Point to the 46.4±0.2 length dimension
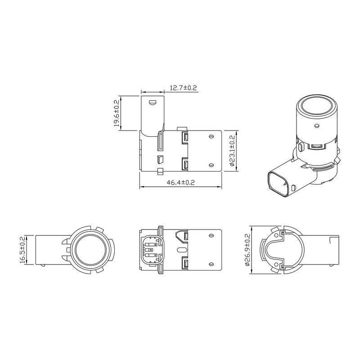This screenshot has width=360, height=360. point(180,182)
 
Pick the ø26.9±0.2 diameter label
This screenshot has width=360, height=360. point(247,250)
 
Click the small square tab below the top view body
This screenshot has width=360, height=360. point(159,171)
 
